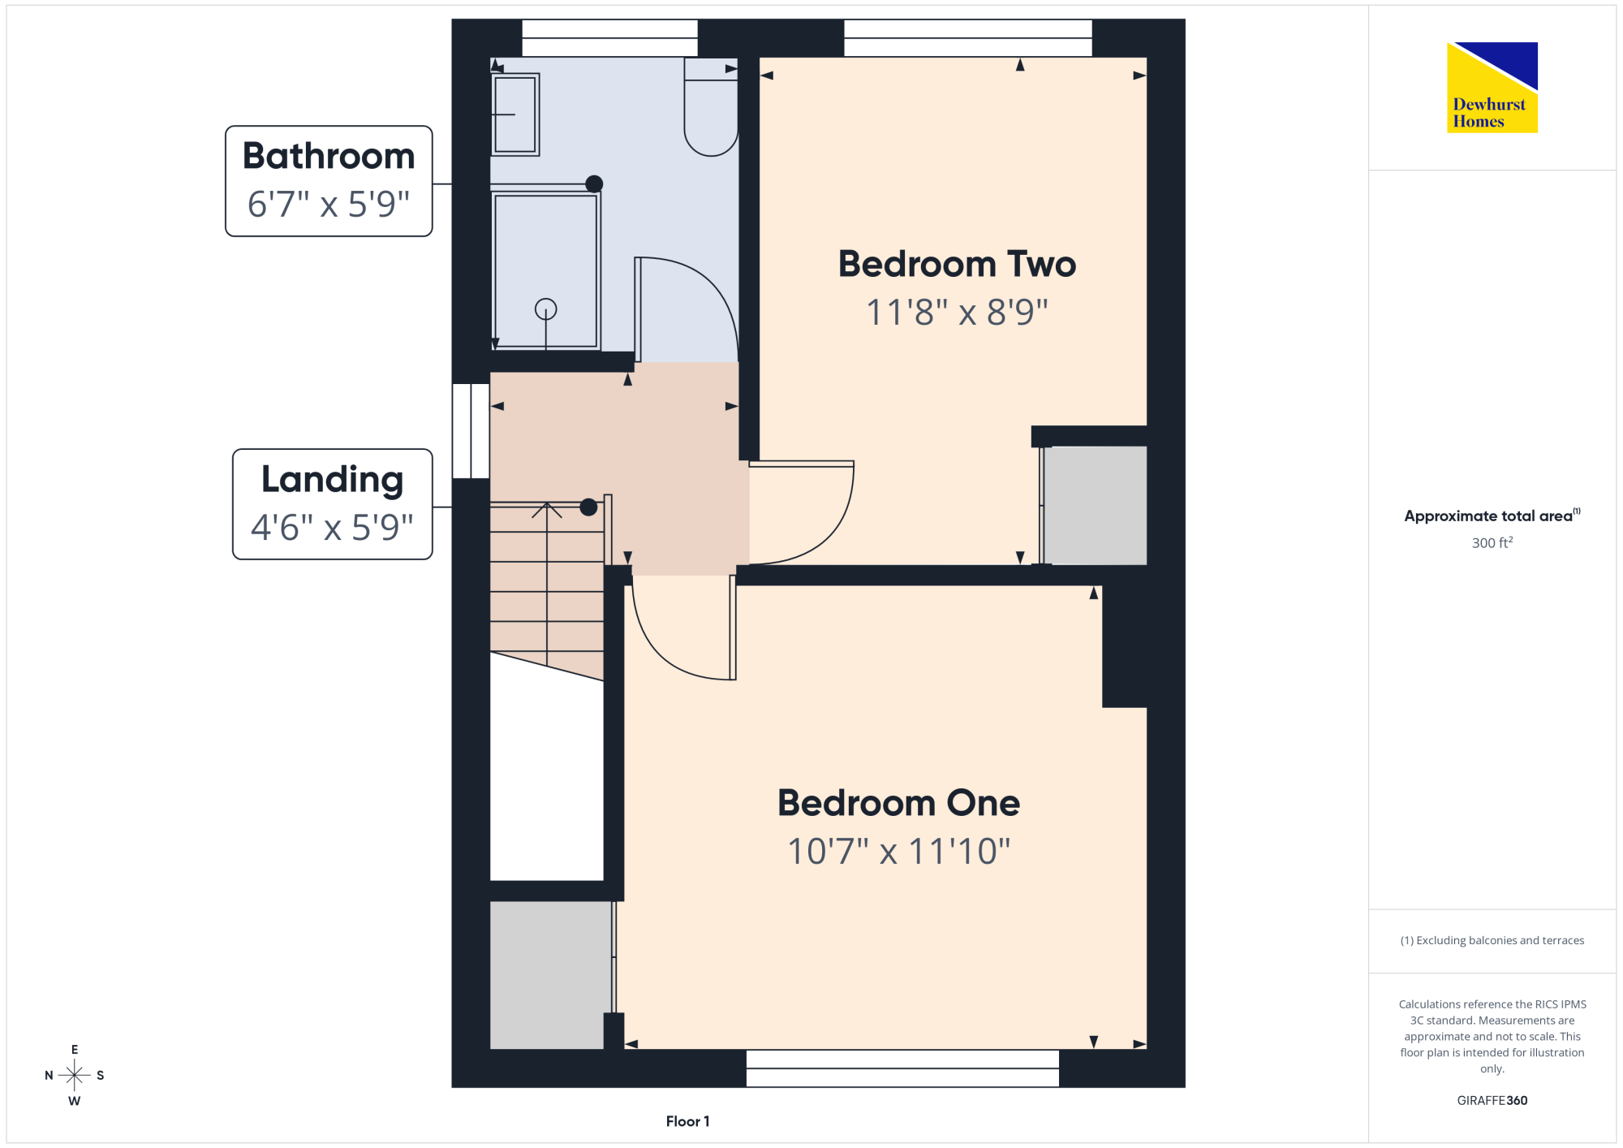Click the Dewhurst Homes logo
tap(1492, 87)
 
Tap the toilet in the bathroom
tap(711, 106)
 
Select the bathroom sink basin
tap(514, 114)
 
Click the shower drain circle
tap(546, 309)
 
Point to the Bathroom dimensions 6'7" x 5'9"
tap(329, 204)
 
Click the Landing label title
tap(333, 480)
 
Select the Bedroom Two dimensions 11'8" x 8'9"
tap(958, 312)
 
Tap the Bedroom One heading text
tap(899, 803)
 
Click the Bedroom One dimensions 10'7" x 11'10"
tap(899, 851)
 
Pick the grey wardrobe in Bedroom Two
tap(1095, 505)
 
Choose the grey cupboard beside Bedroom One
tap(550, 974)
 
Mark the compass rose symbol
tap(75, 1076)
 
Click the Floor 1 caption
tap(687, 1121)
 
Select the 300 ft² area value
tap(1492, 542)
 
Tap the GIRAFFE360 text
tap(1492, 1101)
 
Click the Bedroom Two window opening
tap(968, 38)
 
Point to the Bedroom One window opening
tap(902, 1068)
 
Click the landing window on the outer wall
tap(471, 431)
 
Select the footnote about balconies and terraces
tap(1492, 940)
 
